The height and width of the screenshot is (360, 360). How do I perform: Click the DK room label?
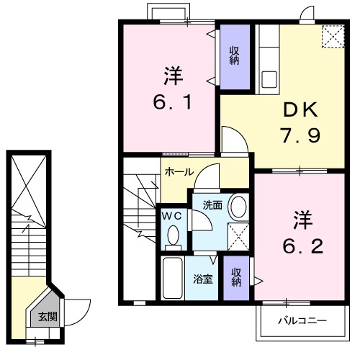coord(299,110)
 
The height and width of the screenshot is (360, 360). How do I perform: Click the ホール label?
coord(179,171)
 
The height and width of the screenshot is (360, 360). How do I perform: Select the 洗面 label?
coord(212,204)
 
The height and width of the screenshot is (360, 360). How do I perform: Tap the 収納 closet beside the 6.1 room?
coord(234,56)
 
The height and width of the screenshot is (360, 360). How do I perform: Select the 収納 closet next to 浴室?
coord(235,276)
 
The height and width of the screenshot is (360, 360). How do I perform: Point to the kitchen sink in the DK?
coord(269,78)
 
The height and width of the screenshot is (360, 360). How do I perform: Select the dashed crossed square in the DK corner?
coord(333,36)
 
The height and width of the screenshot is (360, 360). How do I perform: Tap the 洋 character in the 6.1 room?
coord(171,74)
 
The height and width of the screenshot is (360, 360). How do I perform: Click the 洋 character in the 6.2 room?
coord(301,218)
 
